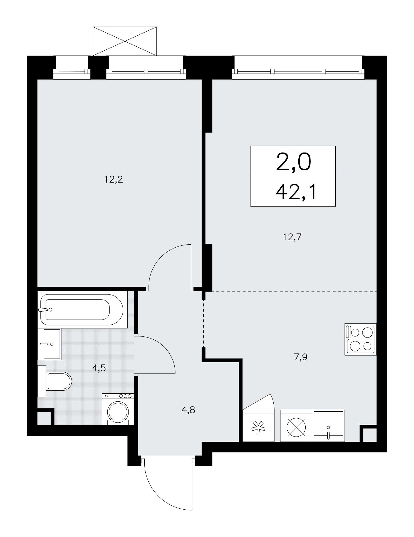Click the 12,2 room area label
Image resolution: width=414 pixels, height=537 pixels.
113,179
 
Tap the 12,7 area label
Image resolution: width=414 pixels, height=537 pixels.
292,237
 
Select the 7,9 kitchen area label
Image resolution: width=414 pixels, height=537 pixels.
301,357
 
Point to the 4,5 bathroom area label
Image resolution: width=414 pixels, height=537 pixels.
99,368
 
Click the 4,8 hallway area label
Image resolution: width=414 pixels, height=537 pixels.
188,410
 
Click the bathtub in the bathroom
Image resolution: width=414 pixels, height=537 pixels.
82,310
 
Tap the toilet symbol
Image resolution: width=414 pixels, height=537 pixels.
55,381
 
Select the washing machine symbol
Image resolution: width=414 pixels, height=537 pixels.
118,409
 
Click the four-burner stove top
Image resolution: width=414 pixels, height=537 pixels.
361,339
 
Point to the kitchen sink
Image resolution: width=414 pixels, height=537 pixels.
328,426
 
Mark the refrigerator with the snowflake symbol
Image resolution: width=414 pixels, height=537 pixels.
258,426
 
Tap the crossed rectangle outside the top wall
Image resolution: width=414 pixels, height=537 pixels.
124,41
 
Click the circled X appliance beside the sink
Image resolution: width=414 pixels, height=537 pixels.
296,426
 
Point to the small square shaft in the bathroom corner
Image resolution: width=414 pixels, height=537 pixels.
44,418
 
